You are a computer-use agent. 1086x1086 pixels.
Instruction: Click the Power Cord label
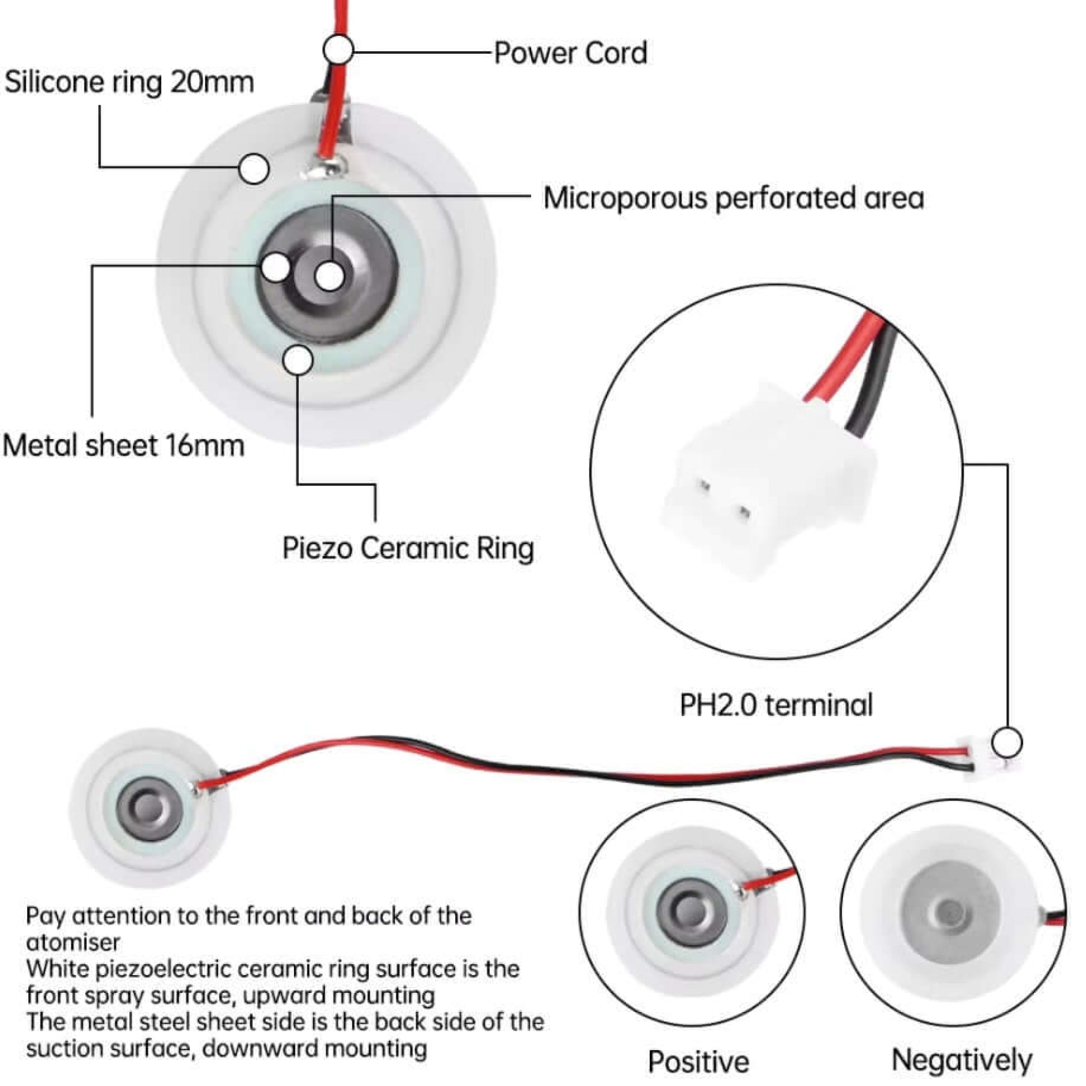point(570,54)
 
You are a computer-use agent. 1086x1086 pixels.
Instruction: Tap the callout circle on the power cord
point(338,50)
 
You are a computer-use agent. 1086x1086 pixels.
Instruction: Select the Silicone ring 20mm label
point(129,82)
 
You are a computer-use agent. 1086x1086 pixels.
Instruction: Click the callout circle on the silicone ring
point(253,168)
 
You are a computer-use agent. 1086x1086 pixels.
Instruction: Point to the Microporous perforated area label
point(733,198)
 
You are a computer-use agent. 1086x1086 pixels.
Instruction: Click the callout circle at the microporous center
point(329,277)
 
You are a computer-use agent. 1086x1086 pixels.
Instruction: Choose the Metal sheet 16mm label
point(124,446)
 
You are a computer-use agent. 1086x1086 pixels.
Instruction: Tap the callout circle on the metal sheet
point(276,267)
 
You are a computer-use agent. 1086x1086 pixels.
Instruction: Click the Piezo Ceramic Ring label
point(407,548)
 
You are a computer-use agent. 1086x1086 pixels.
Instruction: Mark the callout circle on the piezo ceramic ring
point(298,361)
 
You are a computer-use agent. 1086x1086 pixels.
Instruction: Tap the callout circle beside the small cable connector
point(1006,743)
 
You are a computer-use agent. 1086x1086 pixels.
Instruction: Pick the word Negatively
point(962,1061)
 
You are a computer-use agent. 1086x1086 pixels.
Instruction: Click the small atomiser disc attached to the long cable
point(149,809)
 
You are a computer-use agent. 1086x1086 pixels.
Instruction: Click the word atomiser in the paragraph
point(73,943)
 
